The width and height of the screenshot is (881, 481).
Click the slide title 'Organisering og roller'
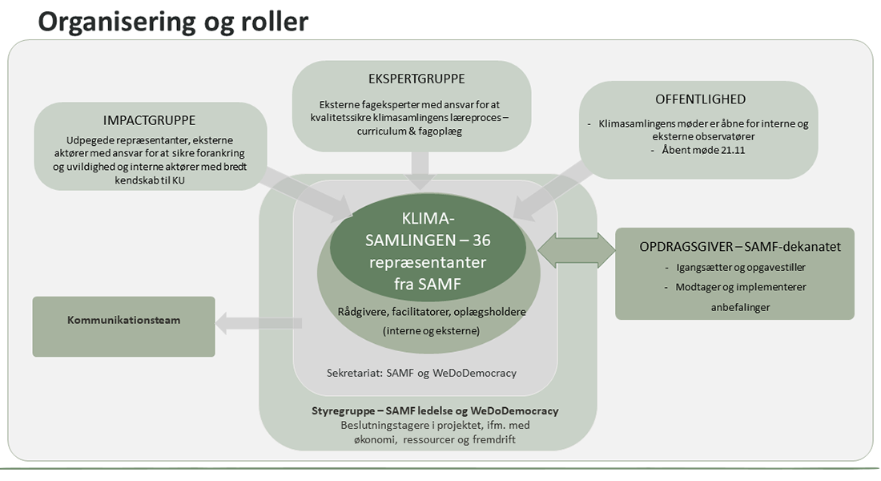[x=172, y=21]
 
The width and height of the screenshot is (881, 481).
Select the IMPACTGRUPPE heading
[x=150, y=121]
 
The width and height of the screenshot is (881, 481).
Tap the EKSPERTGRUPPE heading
[x=412, y=79]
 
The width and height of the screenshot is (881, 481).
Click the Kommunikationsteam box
[x=123, y=320]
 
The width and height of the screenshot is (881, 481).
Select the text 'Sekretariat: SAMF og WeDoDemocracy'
[x=422, y=373]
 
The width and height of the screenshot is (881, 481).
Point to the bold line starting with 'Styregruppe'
[x=435, y=410]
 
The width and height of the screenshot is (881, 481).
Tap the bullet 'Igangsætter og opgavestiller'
[x=734, y=268]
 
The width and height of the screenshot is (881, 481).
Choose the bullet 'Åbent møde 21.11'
[x=698, y=151]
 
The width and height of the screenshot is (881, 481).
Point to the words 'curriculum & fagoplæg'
[x=412, y=131]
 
